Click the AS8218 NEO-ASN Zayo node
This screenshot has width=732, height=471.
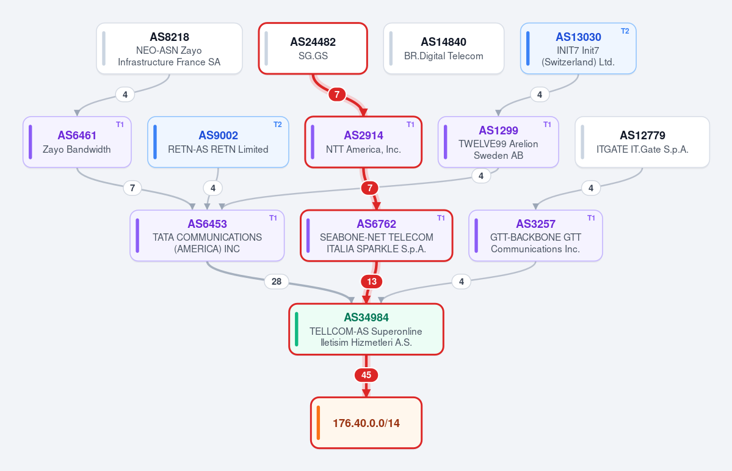[x=170, y=49]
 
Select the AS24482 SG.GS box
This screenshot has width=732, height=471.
[x=313, y=49]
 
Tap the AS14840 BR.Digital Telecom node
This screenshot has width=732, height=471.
[x=443, y=49]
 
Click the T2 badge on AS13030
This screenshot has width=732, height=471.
[x=625, y=31]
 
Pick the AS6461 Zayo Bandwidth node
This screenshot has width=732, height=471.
[x=77, y=142]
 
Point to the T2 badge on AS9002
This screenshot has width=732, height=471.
[x=277, y=125]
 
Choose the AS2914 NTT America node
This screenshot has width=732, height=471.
[x=363, y=142]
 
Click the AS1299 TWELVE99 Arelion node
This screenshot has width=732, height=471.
[x=498, y=142]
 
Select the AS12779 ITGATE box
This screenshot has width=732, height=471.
[x=642, y=142]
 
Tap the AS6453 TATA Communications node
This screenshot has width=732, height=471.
[x=208, y=236]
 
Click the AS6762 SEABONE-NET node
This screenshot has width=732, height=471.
[x=376, y=236]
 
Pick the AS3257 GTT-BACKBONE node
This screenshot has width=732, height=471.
[x=535, y=236]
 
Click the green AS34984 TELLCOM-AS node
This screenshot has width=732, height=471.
[x=366, y=329]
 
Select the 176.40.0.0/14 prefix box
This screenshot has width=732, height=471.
[x=366, y=423]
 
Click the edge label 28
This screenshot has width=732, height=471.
[x=277, y=282]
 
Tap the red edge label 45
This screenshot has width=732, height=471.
[x=366, y=375]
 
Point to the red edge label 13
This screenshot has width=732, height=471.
[x=372, y=282]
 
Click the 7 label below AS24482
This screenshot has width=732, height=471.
[x=336, y=95]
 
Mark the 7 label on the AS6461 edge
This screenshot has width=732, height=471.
[x=132, y=188]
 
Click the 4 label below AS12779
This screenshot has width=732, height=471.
[x=591, y=188]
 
